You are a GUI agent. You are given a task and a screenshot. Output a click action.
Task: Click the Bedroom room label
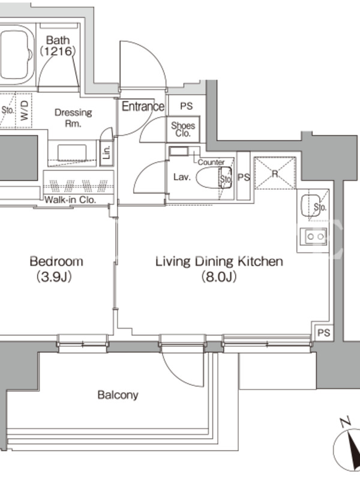click(56, 262)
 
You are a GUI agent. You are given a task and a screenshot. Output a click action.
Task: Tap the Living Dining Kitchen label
click(219, 262)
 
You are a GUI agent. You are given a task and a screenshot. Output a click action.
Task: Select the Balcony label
click(118, 395)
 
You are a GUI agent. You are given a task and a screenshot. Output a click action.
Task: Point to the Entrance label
click(143, 106)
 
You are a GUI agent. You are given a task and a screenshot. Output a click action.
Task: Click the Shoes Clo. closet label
click(183, 129)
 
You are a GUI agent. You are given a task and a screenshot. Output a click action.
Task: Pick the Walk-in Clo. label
click(70, 200)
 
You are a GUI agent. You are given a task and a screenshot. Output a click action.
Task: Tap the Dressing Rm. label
click(73, 118)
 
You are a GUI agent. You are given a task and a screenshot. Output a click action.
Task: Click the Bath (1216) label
click(58, 46)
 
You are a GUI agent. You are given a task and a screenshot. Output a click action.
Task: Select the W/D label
click(25, 110)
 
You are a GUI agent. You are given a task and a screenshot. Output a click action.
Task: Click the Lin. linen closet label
click(107, 152)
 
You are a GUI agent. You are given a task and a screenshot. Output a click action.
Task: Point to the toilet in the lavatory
click(214, 177)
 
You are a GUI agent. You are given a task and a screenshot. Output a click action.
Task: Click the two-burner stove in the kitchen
click(313, 236)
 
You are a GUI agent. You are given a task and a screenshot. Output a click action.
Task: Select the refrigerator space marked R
click(275, 173)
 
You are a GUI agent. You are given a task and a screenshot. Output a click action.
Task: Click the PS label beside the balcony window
click(324, 332)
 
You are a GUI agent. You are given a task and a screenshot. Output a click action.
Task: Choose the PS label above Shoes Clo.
click(186, 106)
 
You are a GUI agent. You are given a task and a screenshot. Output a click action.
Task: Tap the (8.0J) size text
click(219, 277)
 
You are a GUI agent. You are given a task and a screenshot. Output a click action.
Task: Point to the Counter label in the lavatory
click(211, 162)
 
